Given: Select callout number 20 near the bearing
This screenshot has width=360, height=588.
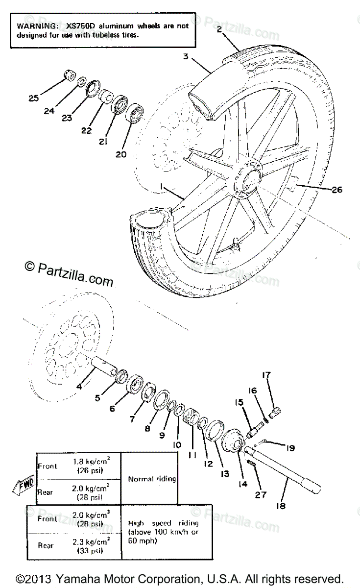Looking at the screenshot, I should click(121, 154).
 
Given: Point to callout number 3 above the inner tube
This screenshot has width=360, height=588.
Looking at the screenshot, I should click(186, 57).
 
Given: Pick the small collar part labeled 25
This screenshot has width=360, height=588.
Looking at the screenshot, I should click(68, 75).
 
